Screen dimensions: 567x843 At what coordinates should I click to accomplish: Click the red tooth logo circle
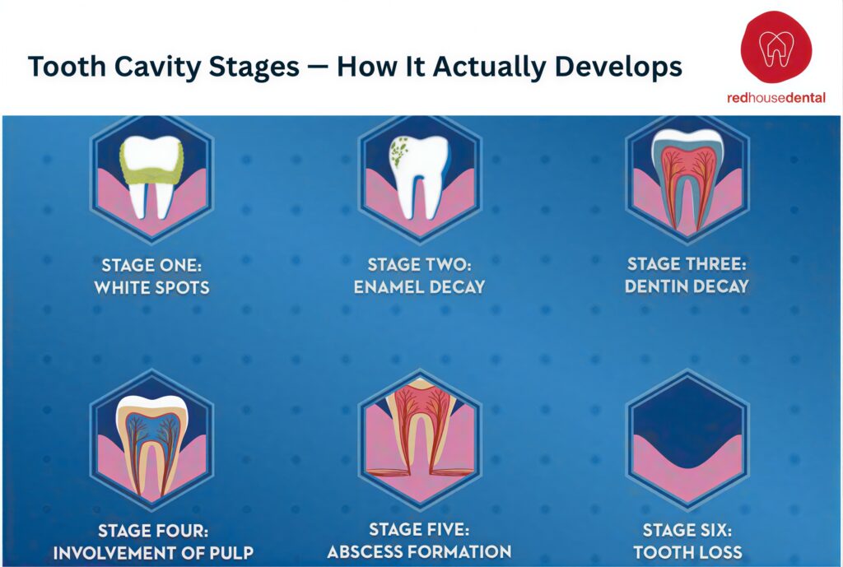pos(775,48)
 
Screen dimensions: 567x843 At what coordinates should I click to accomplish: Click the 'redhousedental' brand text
pos(775,98)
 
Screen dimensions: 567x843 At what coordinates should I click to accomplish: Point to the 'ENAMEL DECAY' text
pos(419,287)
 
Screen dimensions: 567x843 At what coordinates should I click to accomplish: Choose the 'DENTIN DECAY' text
pos(687,286)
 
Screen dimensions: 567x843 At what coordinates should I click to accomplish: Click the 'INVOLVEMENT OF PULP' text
pos(153,551)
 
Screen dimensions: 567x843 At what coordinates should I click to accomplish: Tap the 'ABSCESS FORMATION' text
pos(419,551)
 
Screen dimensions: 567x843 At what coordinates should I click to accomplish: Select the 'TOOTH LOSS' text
pos(687,551)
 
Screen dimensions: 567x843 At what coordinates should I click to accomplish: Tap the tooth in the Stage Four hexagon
pos(151,440)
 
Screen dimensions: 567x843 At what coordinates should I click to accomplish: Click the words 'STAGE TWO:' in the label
pos(419,265)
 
